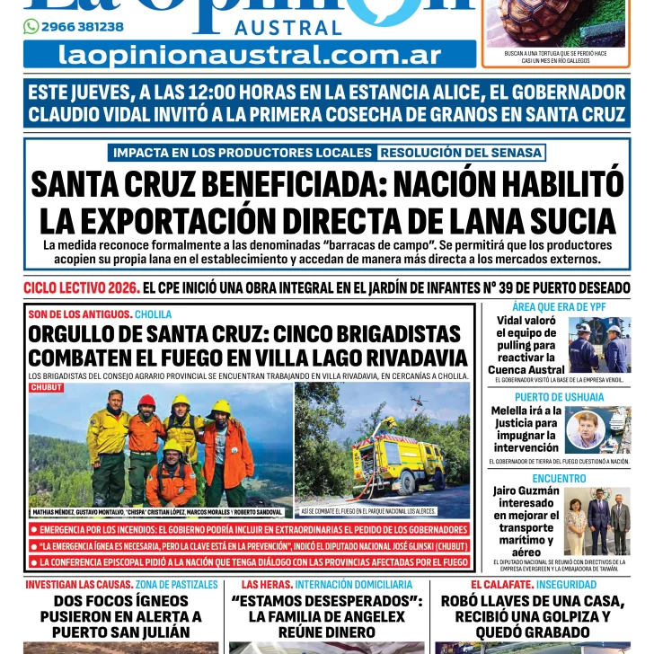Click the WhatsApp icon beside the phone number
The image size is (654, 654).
(x=31, y=27)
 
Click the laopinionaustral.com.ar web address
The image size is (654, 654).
(x=250, y=55)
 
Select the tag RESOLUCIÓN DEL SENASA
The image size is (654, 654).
(x=461, y=153)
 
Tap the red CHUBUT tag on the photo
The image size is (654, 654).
(x=47, y=387)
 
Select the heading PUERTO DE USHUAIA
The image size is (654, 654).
(x=559, y=396)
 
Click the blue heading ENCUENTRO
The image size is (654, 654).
(x=559, y=479)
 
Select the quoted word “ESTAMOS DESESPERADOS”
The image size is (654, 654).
(x=327, y=601)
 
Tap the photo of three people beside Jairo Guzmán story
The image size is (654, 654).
(x=597, y=521)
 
